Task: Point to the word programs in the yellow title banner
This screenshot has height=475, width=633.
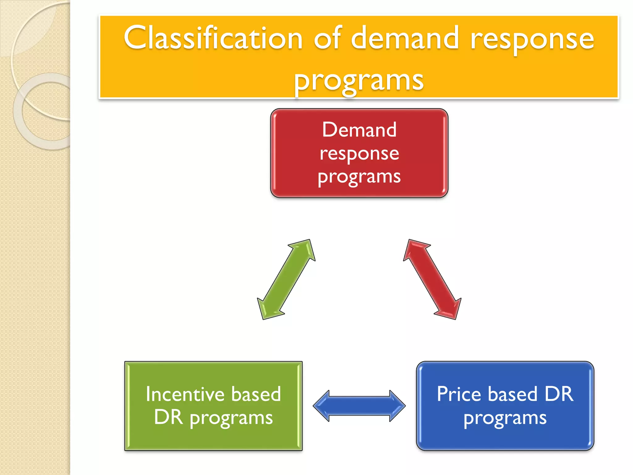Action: tap(359, 81)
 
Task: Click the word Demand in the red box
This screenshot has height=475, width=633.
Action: tap(359, 130)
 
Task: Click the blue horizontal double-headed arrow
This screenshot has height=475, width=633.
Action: tap(359, 406)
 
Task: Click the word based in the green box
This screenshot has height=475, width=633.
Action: tap(256, 394)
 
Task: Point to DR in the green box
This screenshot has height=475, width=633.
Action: tap(168, 417)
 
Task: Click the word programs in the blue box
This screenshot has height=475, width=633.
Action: tap(505, 418)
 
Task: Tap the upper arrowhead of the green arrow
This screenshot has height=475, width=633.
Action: tap(304, 249)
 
